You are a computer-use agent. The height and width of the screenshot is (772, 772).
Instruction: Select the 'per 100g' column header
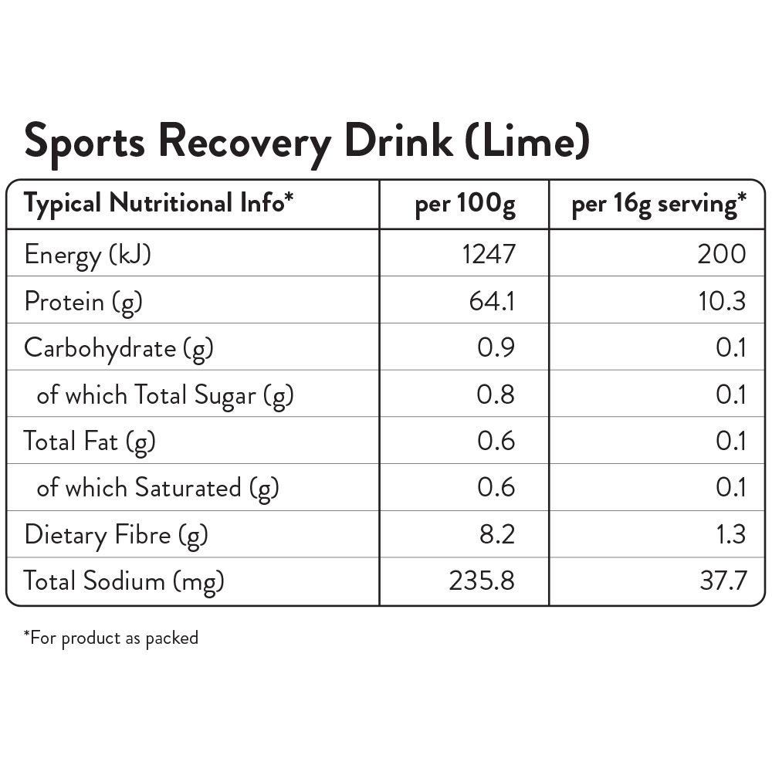pyautogui.click(x=465, y=205)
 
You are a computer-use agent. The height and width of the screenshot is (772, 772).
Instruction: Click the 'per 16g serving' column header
pyautogui.click(x=659, y=205)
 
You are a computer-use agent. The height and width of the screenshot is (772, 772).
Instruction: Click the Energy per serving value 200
pyautogui.click(x=722, y=253)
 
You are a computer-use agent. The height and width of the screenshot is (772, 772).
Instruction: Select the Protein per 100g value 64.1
pyautogui.click(x=492, y=300)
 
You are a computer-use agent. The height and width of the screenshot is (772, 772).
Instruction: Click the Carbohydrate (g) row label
pyautogui.click(x=118, y=348)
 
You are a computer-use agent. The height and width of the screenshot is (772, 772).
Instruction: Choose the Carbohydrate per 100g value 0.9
pyautogui.click(x=496, y=347)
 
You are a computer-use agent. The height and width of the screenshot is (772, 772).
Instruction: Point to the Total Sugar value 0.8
pyautogui.click(x=496, y=394)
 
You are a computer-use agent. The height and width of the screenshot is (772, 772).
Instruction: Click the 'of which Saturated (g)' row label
pyautogui.click(x=157, y=488)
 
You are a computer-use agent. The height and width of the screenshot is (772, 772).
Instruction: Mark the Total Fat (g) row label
pyautogui.click(x=90, y=442)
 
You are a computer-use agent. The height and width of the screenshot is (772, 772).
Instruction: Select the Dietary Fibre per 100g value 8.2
pyautogui.click(x=496, y=534)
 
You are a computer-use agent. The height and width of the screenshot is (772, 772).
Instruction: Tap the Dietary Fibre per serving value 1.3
pyautogui.click(x=730, y=534)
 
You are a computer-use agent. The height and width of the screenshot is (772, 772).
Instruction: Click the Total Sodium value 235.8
pyautogui.click(x=482, y=581)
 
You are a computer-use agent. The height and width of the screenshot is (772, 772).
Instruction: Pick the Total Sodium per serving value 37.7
pyautogui.click(x=723, y=581)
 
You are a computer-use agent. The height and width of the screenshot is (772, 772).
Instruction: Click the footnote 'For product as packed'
pyautogui.click(x=111, y=638)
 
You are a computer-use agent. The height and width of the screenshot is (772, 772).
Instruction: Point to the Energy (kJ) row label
pyautogui.click(x=87, y=254)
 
